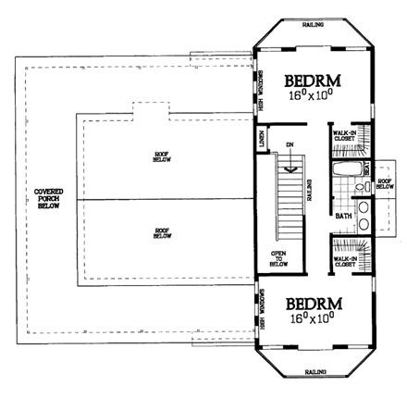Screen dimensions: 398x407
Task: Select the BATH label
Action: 343,216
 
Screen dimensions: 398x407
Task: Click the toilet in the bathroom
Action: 364,169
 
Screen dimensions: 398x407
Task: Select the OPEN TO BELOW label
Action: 277,256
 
